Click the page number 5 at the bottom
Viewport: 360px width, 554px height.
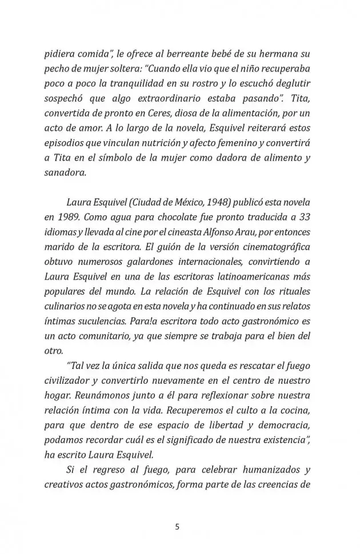point(177,527)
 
